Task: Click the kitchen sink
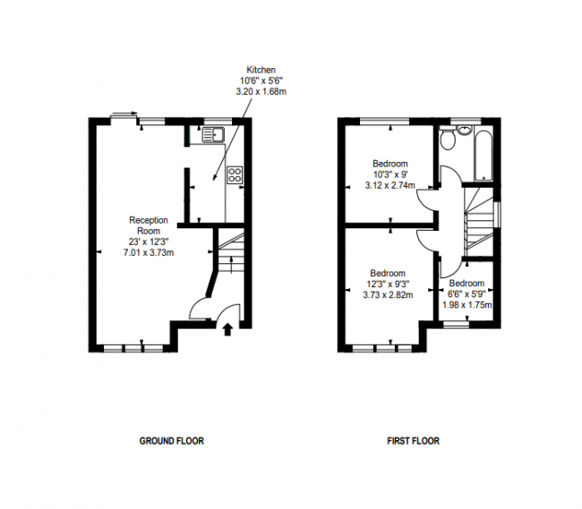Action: (213, 136)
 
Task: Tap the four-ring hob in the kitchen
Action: (235, 175)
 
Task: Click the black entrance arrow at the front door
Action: (227, 329)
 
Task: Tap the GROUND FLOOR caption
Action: (171, 441)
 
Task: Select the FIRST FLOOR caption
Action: (413, 441)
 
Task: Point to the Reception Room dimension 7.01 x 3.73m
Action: (148, 252)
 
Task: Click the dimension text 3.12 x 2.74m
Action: (390, 185)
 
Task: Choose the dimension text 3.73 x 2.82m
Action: (388, 294)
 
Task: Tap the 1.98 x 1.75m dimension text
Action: (467, 304)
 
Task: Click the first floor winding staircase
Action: (481, 219)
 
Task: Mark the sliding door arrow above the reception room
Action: (123, 115)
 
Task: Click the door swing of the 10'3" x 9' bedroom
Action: (427, 201)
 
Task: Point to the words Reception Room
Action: (148, 225)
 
